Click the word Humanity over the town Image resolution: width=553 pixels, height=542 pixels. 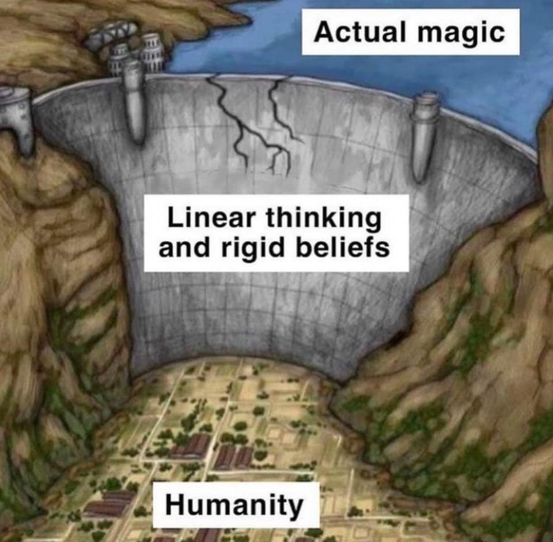click(x=235, y=505)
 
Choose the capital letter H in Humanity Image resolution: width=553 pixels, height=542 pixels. click(x=175, y=505)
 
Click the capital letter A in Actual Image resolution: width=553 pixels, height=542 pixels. click(x=323, y=32)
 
